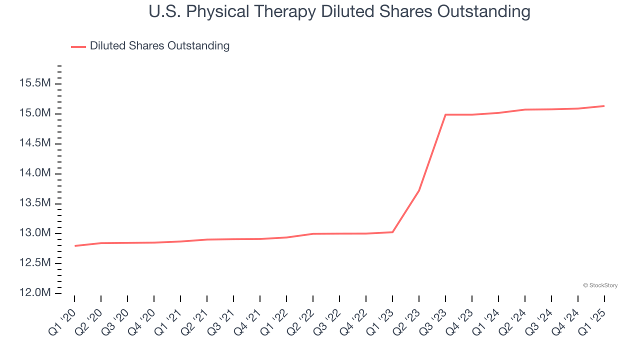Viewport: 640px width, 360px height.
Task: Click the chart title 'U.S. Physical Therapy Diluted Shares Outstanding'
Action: [x=339, y=11]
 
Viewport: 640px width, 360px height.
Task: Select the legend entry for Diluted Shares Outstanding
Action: [x=159, y=46]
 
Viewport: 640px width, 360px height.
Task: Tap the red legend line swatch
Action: [x=78, y=46]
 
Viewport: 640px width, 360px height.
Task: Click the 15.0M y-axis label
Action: [x=35, y=113]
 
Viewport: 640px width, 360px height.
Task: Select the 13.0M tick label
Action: [x=35, y=233]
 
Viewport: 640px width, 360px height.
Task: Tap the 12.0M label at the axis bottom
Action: [x=35, y=293]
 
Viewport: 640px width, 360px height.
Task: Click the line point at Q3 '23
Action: [x=445, y=114]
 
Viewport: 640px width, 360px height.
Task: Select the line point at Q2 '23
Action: [x=419, y=190]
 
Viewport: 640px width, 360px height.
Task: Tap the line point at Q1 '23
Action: [x=392, y=232]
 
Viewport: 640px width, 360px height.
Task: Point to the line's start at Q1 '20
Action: [x=74, y=246]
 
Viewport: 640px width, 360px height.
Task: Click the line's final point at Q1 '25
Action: [x=604, y=106]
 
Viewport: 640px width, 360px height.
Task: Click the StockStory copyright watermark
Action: [x=600, y=285]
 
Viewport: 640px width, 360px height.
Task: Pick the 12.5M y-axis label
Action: [x=35, y=263]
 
